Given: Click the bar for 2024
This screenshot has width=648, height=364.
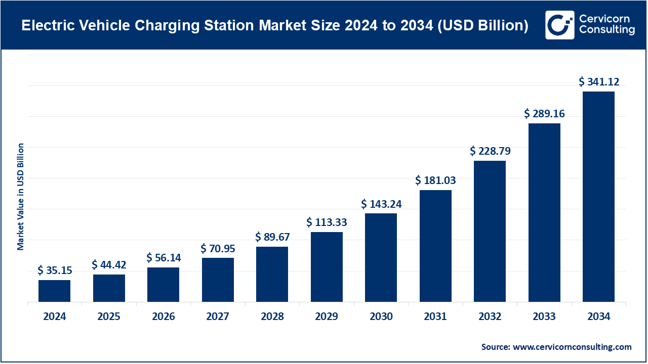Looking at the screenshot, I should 54,291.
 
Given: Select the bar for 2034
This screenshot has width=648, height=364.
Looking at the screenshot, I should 598,197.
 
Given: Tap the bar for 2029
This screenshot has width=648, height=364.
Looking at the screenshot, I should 327,267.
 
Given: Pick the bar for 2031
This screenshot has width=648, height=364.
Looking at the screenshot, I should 435,246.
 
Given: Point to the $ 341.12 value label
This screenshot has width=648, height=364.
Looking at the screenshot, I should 599,82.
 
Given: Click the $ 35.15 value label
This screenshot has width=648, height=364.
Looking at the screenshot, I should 54,270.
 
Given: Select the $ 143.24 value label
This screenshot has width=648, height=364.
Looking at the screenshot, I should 381,204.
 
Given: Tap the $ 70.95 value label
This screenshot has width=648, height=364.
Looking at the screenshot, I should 218,248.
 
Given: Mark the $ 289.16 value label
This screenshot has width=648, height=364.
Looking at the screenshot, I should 544,114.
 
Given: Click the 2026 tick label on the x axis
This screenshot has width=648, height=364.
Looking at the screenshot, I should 164,317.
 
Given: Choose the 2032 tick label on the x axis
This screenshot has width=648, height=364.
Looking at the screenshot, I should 490,317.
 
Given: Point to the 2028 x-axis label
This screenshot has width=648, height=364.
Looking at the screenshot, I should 272,317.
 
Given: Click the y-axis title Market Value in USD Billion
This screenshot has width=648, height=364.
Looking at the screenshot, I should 21,197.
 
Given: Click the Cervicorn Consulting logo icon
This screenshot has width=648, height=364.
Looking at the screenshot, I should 559,25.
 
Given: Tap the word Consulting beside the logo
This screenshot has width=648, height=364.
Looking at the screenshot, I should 606,30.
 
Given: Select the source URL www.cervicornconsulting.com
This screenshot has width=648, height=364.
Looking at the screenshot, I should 572,347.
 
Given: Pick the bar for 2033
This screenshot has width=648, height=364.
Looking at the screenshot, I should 544,212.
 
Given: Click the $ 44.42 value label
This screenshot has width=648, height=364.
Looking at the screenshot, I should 109,265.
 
